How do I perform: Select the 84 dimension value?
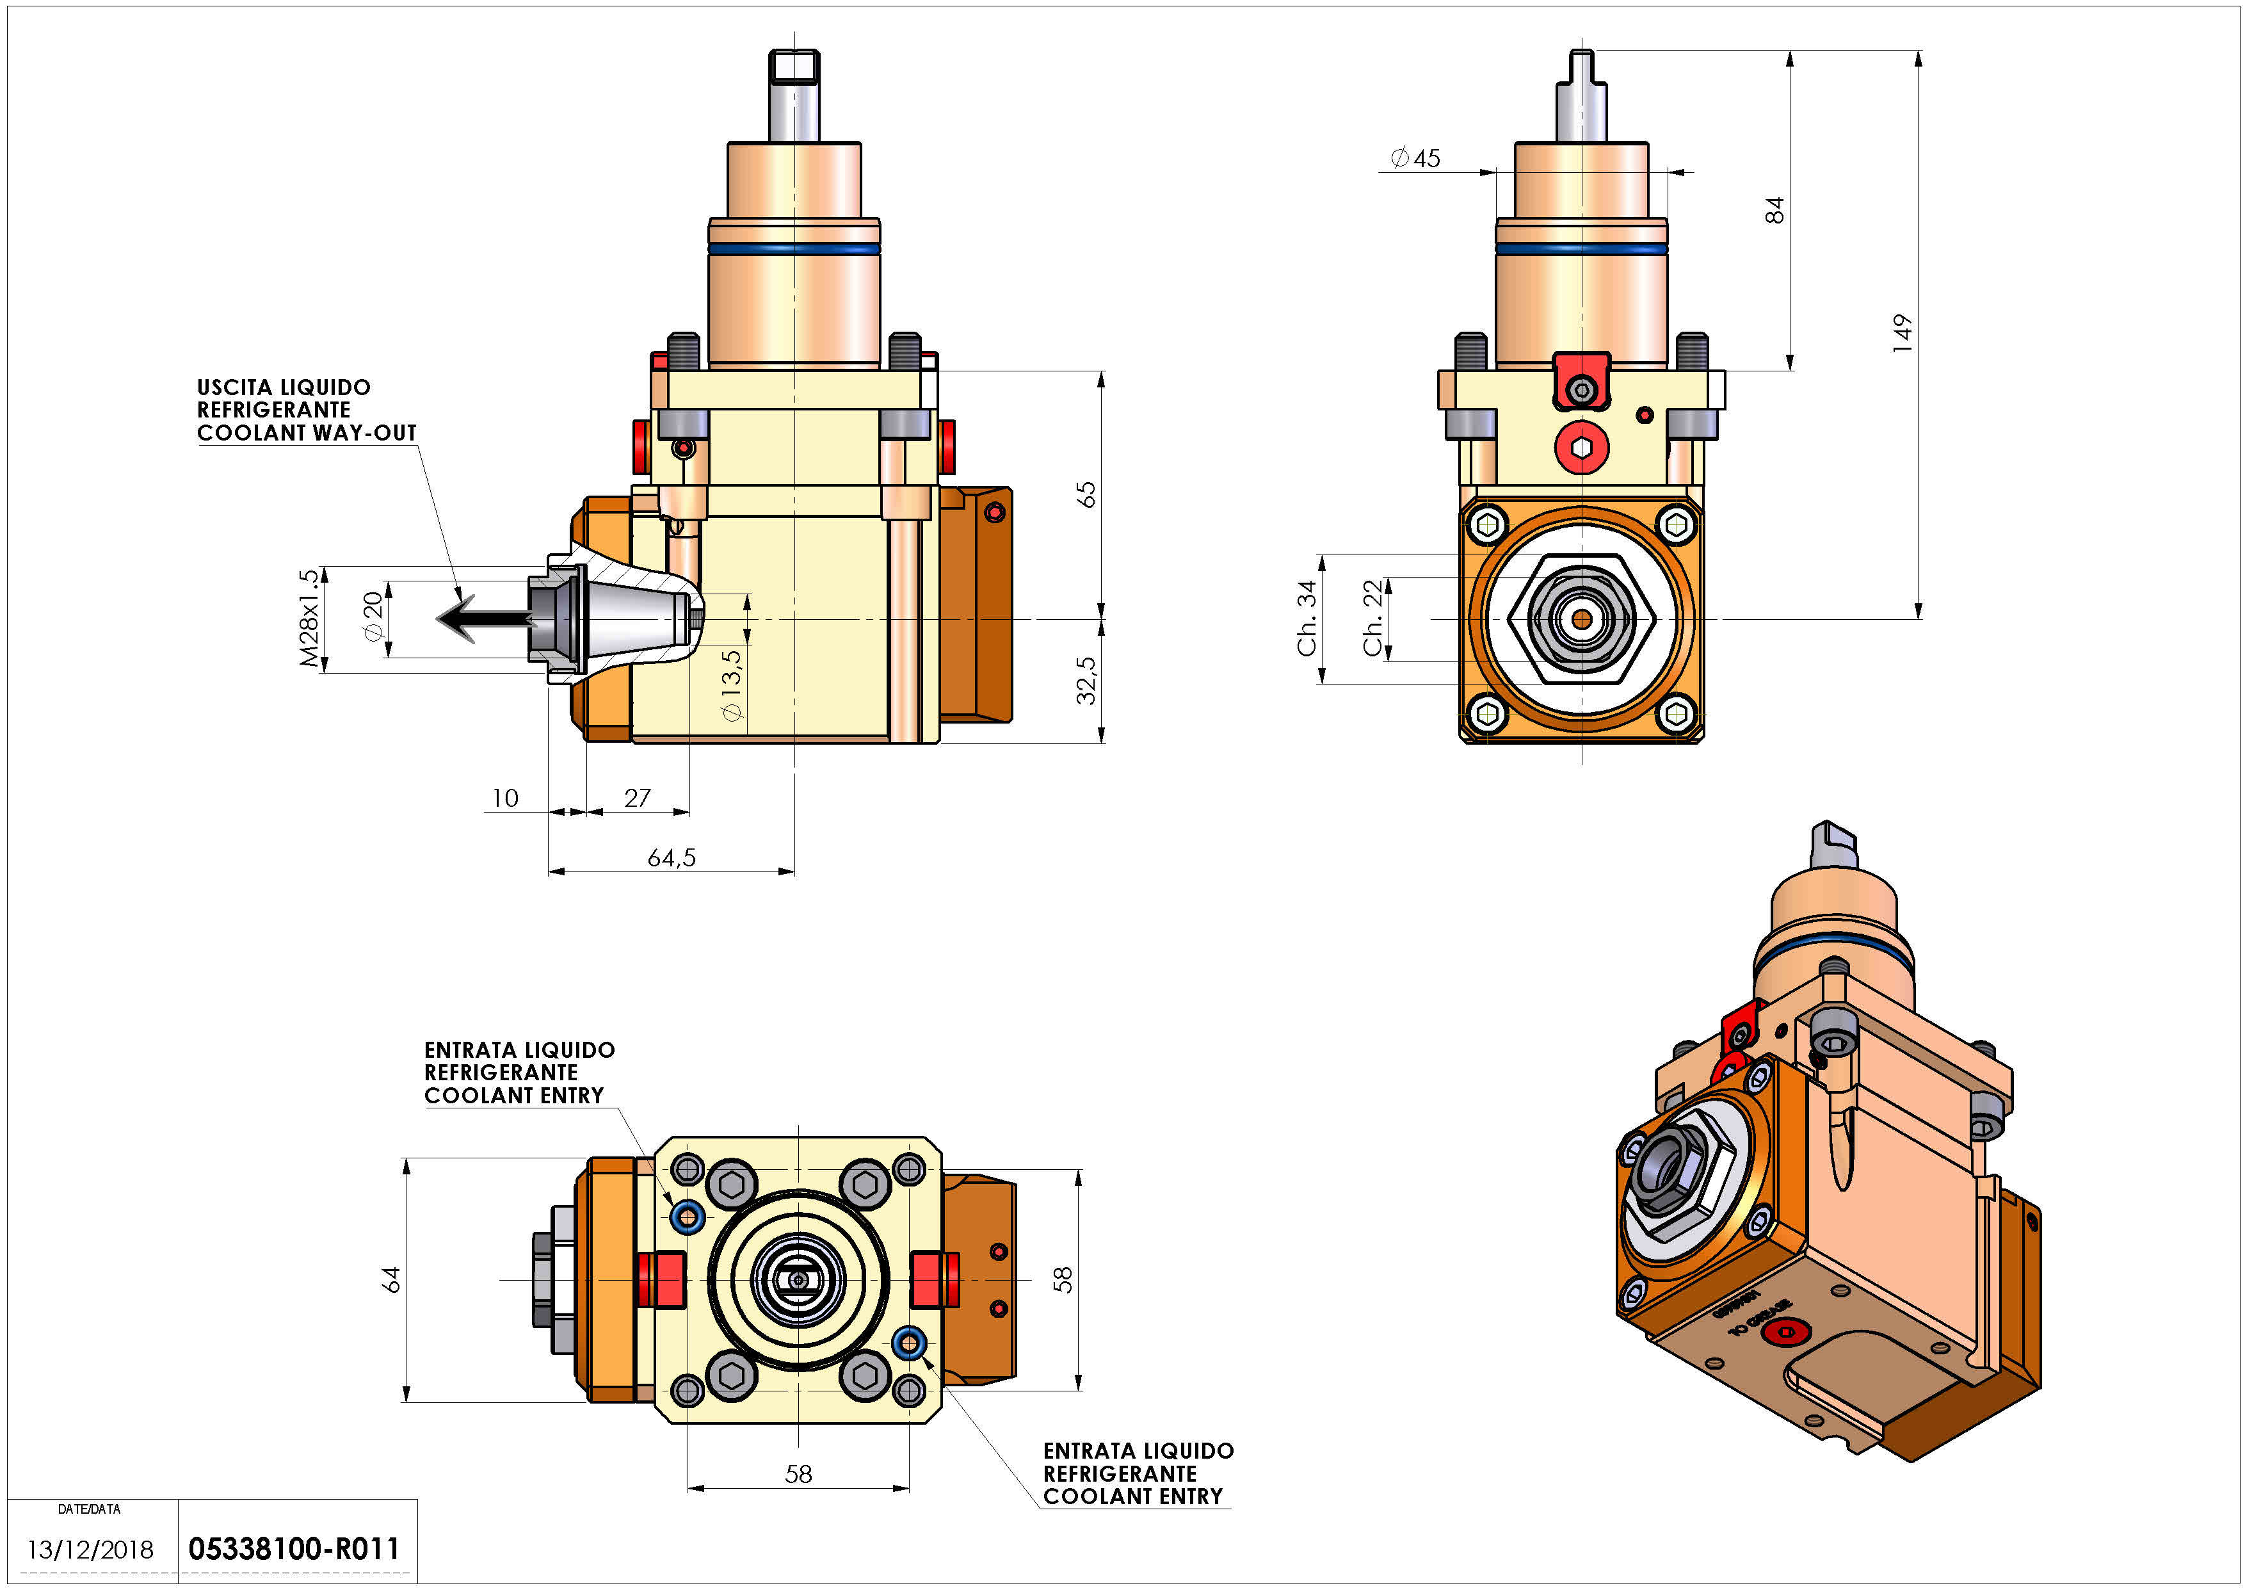(x=1774, y=210)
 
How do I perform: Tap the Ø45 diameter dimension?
(x=1416, y=158)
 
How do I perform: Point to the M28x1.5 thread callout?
(x=309, y=618)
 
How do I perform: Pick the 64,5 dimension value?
(x=672, y=857)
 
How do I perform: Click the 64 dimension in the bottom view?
(x=391, y=1279)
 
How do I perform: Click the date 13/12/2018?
(x=90, y=1550)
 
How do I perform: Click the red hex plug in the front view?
(x=1581, y=448)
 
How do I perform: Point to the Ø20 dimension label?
(x=373, y=618)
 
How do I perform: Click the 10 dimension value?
(x=504, y=798)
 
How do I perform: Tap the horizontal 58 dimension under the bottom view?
(x=798, y=1473)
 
